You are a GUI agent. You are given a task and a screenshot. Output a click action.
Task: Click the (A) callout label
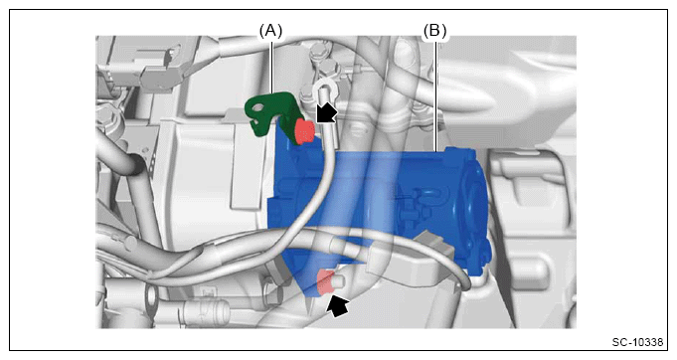[270, 31]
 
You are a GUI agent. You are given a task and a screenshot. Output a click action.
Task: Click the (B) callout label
[434, 31]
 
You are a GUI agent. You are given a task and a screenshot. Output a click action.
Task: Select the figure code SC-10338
[637, 342]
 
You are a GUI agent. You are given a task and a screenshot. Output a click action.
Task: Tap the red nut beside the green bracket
[304, 131]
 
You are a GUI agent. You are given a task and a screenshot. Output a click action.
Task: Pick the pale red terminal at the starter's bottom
[324, 283]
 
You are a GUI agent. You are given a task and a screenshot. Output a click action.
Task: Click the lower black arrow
[338, 305]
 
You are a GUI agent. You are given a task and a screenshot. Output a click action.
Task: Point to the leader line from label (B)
[436, 95]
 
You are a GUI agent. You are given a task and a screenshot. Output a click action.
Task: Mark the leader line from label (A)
[271, 67]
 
